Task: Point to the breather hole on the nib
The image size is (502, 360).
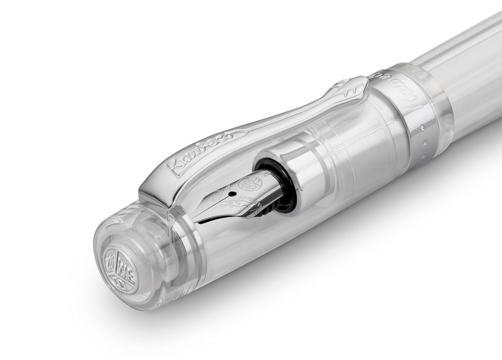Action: (x=231, y=194)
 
